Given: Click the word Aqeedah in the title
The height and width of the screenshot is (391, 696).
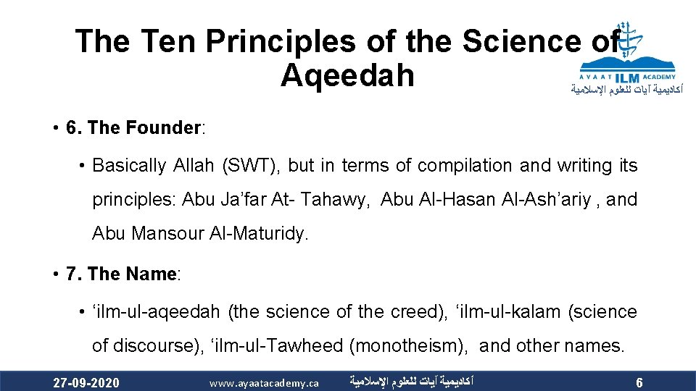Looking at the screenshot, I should (347, 75).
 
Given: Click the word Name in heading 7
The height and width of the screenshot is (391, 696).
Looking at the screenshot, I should (151, 274).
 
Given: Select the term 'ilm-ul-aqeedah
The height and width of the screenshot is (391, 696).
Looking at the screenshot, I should (155, 311).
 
